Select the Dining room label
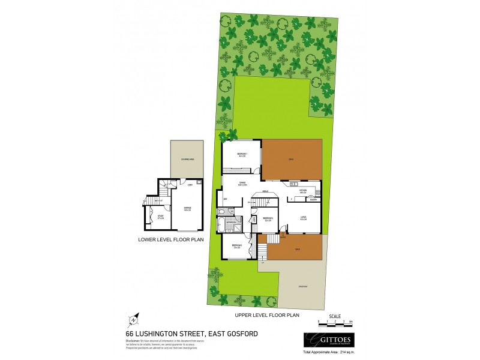pyautogui.click(x=242, y=184)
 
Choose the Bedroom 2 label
pyautogui.click(x=268, y=219)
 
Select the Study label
pyautogui.click(x=160, y=217)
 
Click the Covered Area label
pyautogui.click(x=187, y=159)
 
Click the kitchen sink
pyautogui.click(x=295, y=182)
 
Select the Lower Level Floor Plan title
pyautogui.click(x=170, y=239)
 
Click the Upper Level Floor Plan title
pyautogui.click(x=267, y=314)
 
